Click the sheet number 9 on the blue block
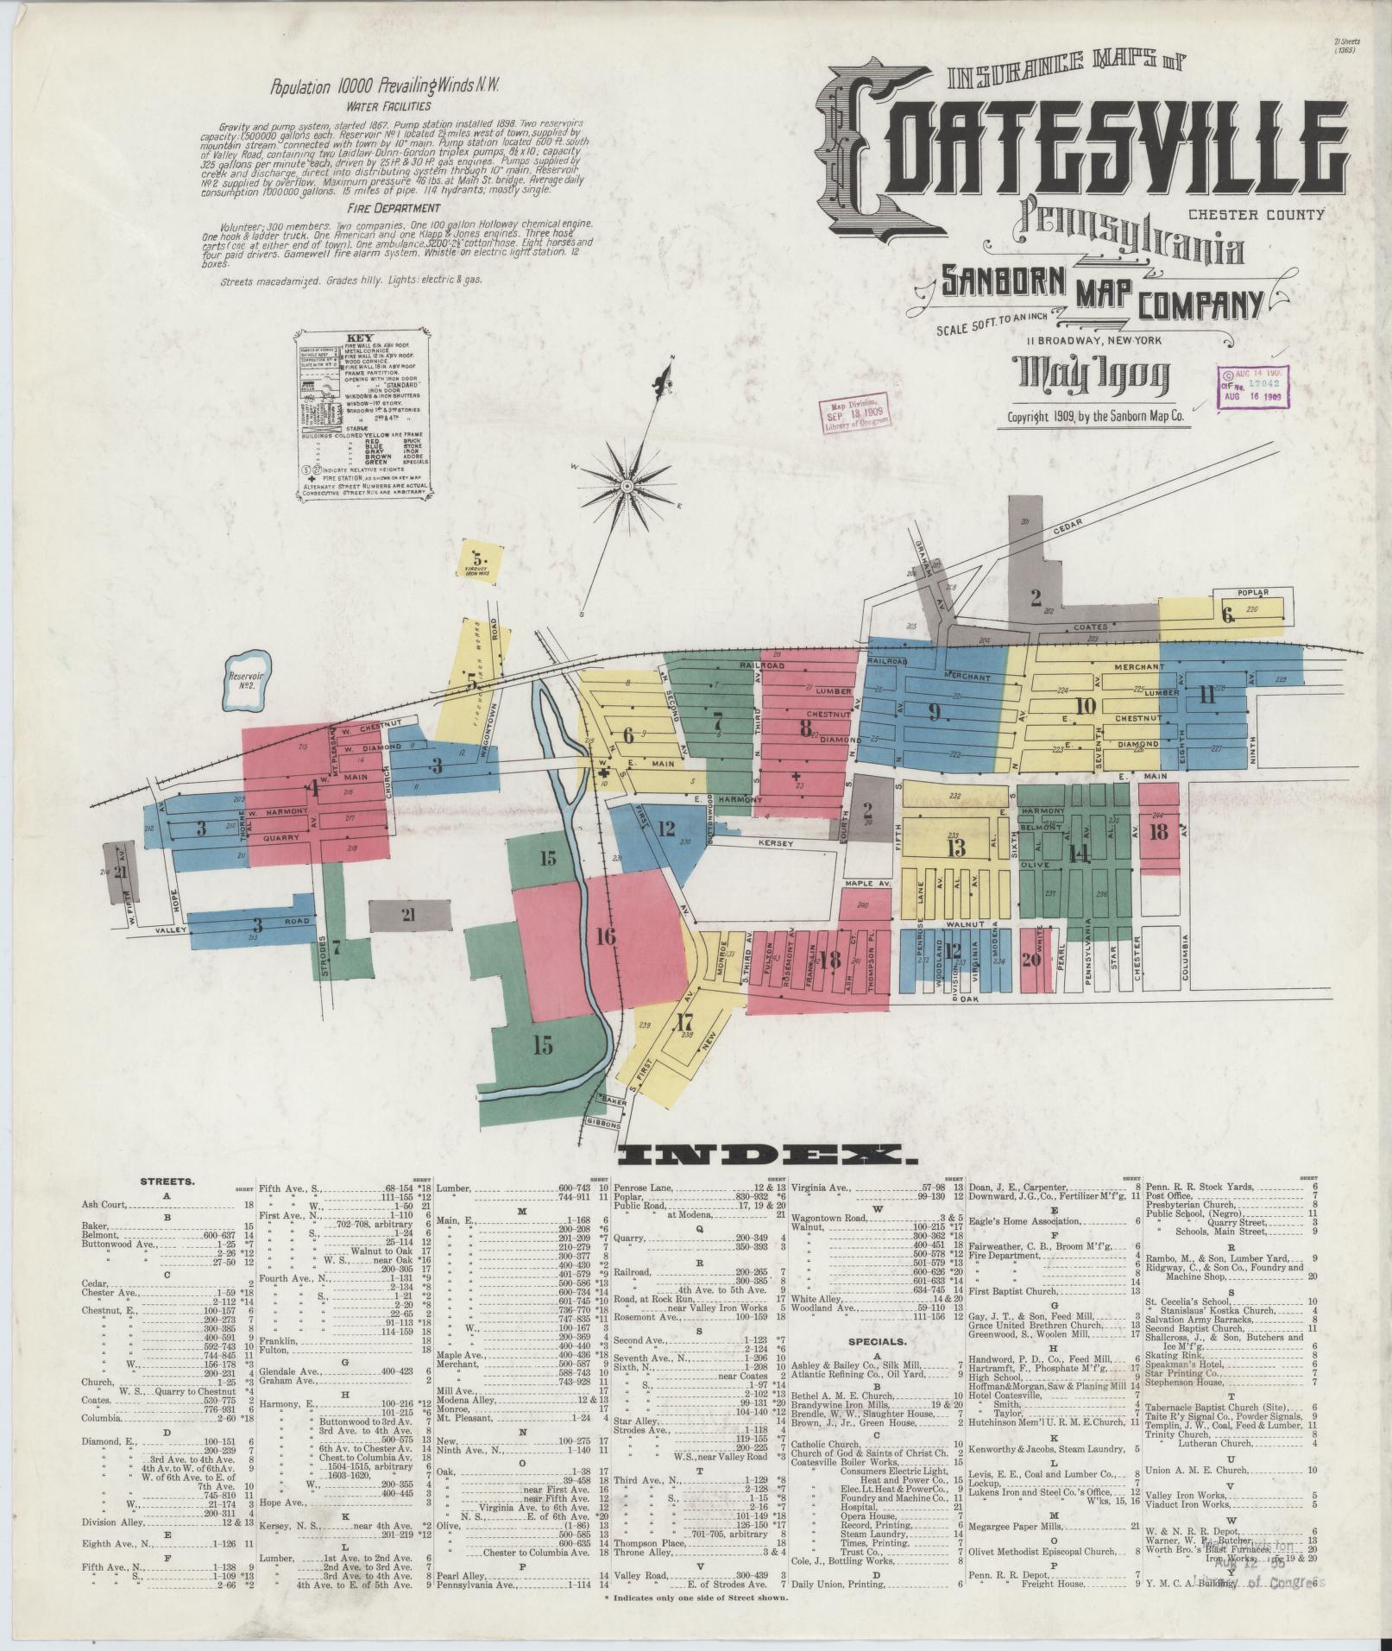click(933, 711)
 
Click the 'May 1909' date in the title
click(1095, 375)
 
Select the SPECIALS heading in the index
click(877, 1366)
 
